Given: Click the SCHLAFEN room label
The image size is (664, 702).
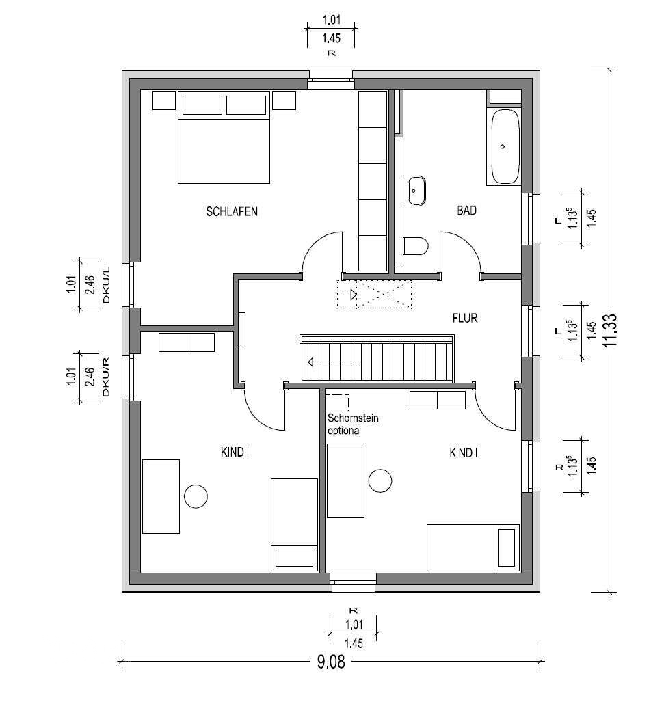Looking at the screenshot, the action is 232,211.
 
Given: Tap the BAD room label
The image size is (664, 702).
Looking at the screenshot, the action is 466,210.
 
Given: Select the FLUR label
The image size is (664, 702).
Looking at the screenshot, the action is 465,319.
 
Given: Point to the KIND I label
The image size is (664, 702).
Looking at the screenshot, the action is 235,453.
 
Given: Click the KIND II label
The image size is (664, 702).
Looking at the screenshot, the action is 465,453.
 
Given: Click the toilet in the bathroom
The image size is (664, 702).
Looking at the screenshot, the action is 416,246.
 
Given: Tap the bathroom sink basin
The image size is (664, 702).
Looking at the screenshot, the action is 416,191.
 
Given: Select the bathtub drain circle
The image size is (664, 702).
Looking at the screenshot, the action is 503,146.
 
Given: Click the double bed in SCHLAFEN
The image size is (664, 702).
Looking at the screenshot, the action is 224,137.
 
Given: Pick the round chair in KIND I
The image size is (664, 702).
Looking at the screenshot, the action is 196,496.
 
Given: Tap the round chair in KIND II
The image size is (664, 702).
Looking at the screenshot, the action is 380,481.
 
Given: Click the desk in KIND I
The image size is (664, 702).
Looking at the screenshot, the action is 161,496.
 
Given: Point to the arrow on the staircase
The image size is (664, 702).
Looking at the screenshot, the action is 332,362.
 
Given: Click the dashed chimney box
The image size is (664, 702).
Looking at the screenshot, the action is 337,403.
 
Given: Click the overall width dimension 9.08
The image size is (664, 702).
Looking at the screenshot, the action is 332,661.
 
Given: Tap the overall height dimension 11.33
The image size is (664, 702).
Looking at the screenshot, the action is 610,329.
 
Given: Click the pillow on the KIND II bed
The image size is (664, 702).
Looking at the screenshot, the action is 506,548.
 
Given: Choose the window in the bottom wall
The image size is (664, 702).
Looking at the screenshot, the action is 354,582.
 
